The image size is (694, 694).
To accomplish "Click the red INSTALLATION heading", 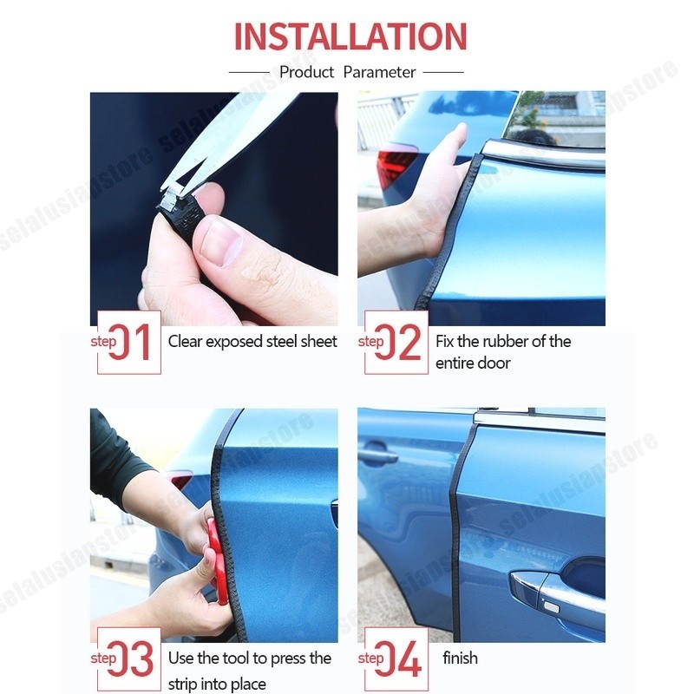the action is point(350,36).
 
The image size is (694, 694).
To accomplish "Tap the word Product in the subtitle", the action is point(307,72).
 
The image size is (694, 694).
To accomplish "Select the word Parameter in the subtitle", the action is point(379,72).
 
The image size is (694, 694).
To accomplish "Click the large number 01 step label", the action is point(130,342).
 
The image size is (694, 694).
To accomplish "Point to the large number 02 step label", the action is point(398,342).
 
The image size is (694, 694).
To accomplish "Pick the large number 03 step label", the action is point(130,658).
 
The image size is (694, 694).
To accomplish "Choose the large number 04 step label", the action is point(398,658).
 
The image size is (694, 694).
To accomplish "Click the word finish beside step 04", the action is point(460,658).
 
